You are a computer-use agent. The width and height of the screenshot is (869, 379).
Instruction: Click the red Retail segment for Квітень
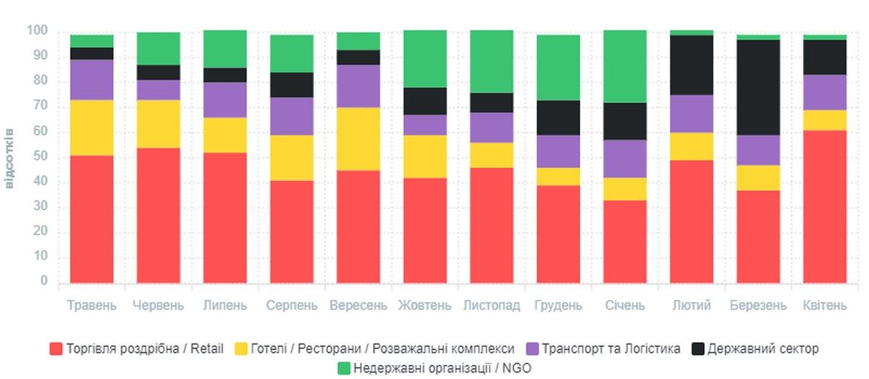tap(825, 207)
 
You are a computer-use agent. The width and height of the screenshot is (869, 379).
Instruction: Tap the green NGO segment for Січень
tap(625, 67)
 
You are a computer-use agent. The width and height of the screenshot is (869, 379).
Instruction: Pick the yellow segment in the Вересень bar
tap(358, 139)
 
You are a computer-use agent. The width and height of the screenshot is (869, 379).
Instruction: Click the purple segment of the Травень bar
tap(92, 80)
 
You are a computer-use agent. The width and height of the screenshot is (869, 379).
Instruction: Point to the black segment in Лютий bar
tap(692, 65)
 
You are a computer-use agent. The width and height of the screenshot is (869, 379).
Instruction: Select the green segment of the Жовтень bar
tap(425, 59)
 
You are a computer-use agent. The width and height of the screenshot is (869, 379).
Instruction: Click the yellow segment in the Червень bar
tap(159, 124)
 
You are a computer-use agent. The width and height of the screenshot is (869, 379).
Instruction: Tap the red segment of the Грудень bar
tap(558, 234)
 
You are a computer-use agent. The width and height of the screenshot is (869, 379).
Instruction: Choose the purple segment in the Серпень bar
tap(292, 116)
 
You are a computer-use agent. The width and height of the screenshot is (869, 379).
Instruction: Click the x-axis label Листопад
tap(492, 305)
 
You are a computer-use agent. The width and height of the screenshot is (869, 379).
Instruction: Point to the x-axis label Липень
tap(225, 305)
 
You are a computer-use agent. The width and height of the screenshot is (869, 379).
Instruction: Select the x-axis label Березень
tap(758, 305)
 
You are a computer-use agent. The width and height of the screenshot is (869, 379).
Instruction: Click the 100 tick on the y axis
tap(37, 31)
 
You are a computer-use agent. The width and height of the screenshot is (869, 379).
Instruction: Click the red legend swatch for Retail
tap(56, 349)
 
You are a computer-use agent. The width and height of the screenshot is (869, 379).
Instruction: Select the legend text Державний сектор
tap(763, 349)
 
